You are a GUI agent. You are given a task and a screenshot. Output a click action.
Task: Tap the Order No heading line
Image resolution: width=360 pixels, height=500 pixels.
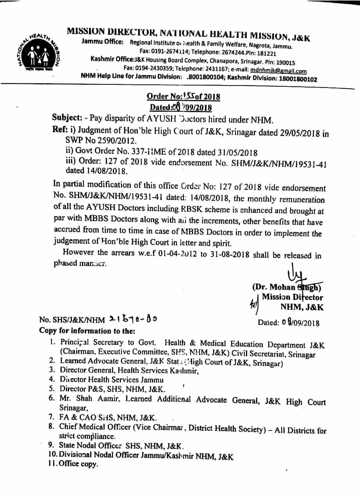[183, 96]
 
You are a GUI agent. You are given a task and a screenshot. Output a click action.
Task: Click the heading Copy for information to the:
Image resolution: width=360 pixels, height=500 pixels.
[87, 330]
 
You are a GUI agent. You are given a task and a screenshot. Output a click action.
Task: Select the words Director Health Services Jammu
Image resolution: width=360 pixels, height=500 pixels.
[112, 379]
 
